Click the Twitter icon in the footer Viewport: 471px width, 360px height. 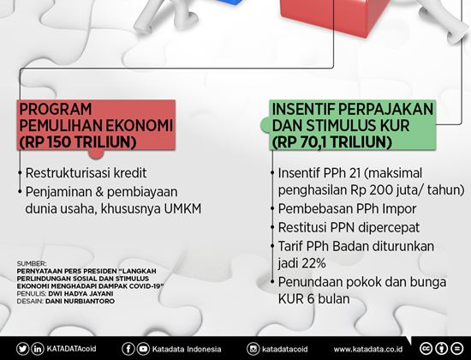pyautogui.click(x=23, y=349)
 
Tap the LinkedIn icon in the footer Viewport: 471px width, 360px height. pyautogui.click(x=38, y=349)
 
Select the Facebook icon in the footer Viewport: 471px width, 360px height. pyautogui.click(x=128, y=349)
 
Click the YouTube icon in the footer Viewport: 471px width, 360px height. pyautogui.click(x=143, y=349)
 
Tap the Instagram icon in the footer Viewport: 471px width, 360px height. pyautogui.click(x=253, y=349)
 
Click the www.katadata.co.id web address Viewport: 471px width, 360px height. pyautogui.click(x=368, y=350)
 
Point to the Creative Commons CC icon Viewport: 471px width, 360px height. pyautogui.click(x=426, y=349)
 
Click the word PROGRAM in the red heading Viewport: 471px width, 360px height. pyautogui.click(x=56, y=109)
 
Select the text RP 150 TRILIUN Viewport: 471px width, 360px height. pyautogui.click(x=78, y=142)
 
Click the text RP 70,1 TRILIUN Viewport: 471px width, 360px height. pyautogui.click(x=332, y=142)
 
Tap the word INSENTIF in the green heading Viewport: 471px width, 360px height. pyautogui.click(x=303, y=109)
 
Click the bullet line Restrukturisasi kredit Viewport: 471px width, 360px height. pyautogui.click(x=86, y=173)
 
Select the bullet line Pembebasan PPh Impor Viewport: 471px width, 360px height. pyautogui.click(x=347, y=209)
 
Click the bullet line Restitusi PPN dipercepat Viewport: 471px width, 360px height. pyautogui.click(x=349, y=228)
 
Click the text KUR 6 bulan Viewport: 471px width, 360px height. pyautogui.click(x=314, y=299)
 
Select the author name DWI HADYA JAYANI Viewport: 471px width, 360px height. pyautogui.click(x=80, y=293)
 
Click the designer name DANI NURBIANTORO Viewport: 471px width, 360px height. pyautogui.click(x=80, y=301)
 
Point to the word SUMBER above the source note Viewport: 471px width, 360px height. pyautogui.click(x=32, y=264)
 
